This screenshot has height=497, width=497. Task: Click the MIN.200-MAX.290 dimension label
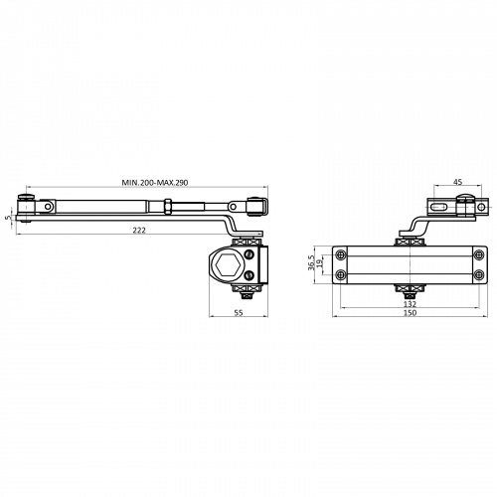click(x=155, y=183)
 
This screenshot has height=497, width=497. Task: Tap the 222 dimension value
click(x=139, y=230)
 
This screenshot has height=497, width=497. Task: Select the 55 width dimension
click(x=239, y=312)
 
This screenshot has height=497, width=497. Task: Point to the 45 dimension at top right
click(x=457, y=182)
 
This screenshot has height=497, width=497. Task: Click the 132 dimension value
click(x=410, y=303)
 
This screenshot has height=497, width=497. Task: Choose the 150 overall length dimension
click(x=410, y=312)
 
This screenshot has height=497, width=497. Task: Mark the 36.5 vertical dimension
click(x=311, y=262)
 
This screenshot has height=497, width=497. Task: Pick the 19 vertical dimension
click(x=319, y=264)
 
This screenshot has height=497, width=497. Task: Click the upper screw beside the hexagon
click(x=249, y=254)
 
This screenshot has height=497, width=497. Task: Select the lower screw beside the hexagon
click(x=249, y=274)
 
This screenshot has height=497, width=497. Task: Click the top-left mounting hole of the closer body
click(x=341, y=254)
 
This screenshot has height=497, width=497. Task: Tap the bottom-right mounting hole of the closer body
click(x=478, y=274)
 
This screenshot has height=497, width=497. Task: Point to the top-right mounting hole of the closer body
click(x=478, y=254)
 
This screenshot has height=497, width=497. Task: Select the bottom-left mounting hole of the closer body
click(x=341, y=274)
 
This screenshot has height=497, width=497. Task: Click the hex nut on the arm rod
click(x=168, y=207)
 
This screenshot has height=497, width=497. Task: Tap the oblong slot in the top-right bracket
click(x=441, y=208)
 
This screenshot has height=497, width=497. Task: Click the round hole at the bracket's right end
click(x=481, y=208)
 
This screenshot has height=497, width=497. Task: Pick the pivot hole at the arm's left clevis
click(x=49, y=207)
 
